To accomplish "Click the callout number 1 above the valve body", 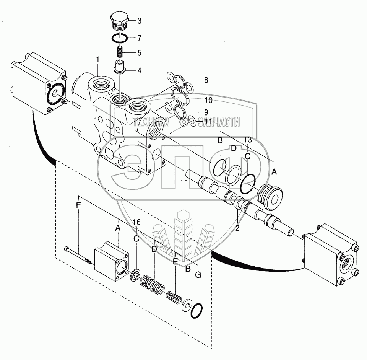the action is (x=98, y=60).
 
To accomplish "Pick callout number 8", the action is (x=206, y=80).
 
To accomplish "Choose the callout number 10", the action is (x=208, y=100).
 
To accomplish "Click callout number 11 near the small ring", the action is (x=208, y=121).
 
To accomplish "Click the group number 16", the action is (x=136, y=222).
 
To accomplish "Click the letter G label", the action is (x=198, y=275).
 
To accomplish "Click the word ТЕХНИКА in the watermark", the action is (x=151, y=122).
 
